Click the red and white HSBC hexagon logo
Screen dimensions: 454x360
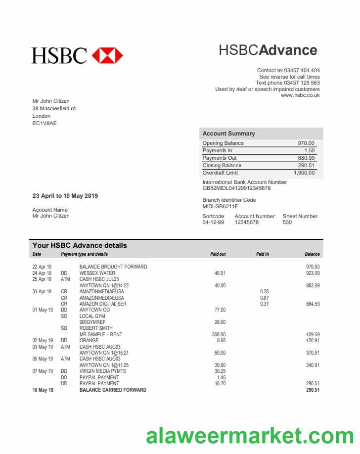click(107, 55)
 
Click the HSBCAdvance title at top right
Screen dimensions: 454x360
click(268, 50)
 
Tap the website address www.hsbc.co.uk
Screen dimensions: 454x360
click(300, 95)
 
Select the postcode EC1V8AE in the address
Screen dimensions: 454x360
click(45, 123)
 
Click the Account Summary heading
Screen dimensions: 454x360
click(228, 134)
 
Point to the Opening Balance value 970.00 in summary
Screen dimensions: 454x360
click(306, 143)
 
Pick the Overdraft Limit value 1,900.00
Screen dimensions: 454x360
click(304, 173)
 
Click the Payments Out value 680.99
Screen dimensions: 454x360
click(306, 158)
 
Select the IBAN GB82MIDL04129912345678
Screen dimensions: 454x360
click(236, 188)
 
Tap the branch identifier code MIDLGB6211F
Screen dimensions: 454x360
click(220, 206)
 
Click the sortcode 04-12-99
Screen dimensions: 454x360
click(213, 223)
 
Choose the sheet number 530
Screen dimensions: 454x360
click(287, 223)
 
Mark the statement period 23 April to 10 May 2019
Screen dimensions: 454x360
click(65, 196)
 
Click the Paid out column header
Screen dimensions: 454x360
click(218, 254)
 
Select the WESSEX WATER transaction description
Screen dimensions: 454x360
click(97, 273)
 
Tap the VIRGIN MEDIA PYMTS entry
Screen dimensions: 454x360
click(103, 371)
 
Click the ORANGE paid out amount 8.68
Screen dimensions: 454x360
click(221, 340)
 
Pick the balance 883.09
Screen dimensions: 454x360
click(313, 285)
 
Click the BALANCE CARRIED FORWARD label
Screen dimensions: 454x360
click(113, 390)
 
